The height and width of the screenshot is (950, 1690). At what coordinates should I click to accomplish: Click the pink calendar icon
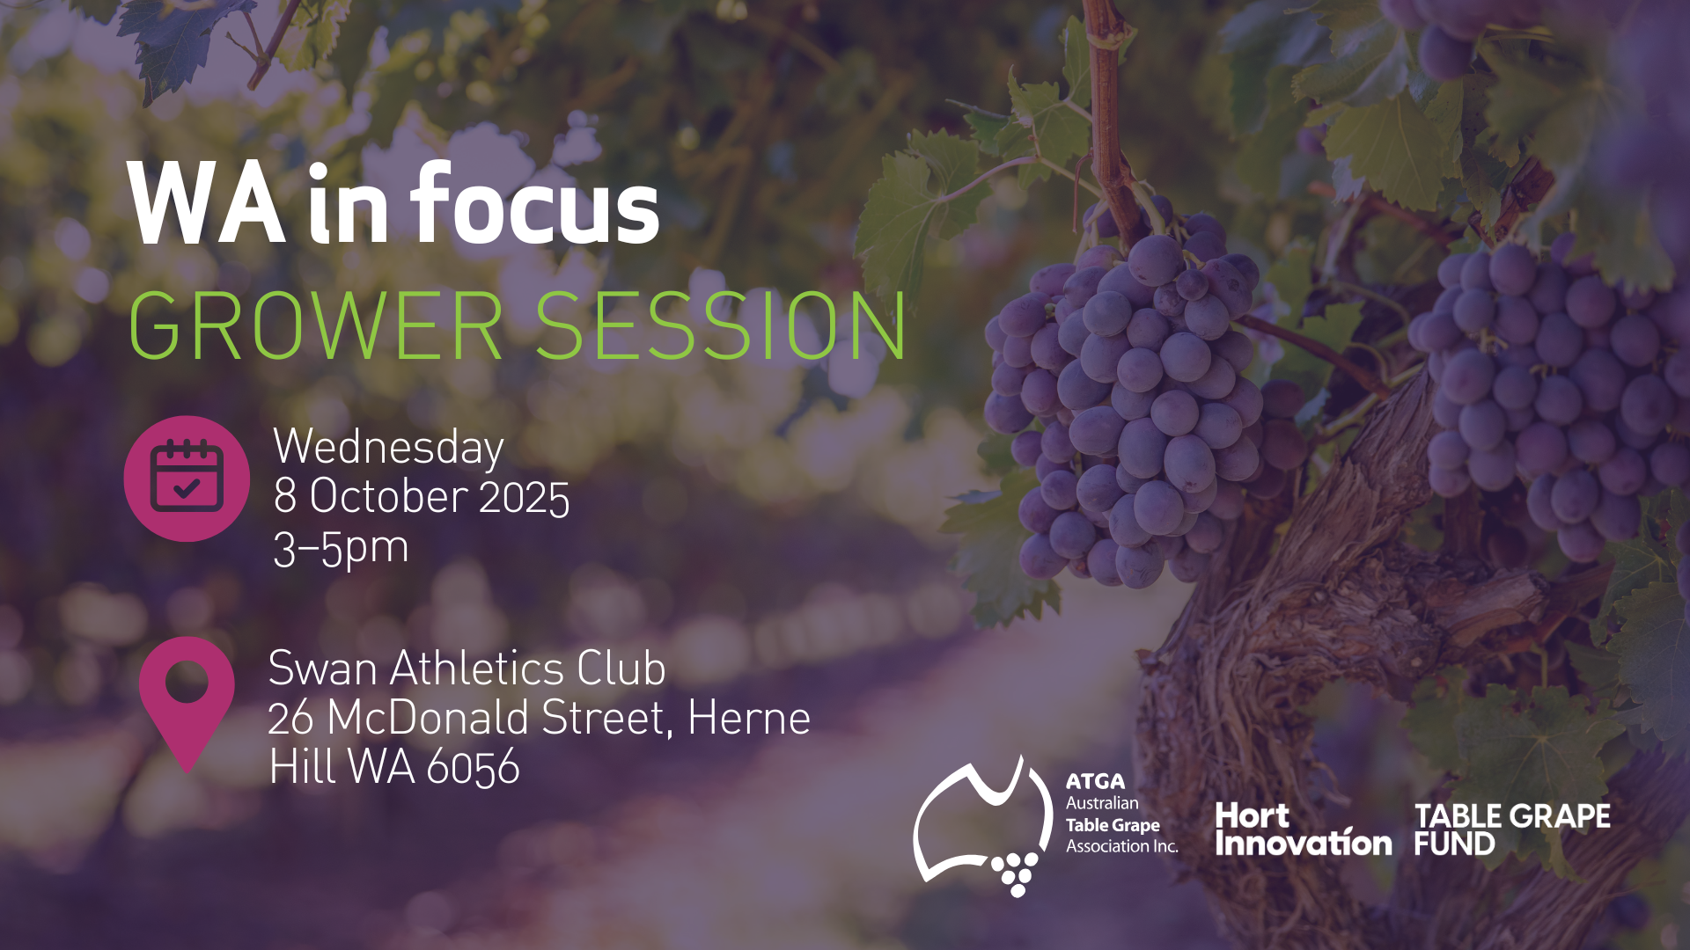coord(187,479)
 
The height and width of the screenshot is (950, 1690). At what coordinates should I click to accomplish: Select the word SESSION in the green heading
coord(721,325)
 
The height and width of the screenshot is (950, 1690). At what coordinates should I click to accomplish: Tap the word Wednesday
coord(388,448)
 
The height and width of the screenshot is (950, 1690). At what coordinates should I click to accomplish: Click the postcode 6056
coord(474,767)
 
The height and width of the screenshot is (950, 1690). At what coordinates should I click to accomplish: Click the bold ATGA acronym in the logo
coord(1095,781)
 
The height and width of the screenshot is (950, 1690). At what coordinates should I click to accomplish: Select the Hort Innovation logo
coord(1303,829)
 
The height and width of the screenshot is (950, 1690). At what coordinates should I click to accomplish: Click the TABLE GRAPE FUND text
coord(1512,829)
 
